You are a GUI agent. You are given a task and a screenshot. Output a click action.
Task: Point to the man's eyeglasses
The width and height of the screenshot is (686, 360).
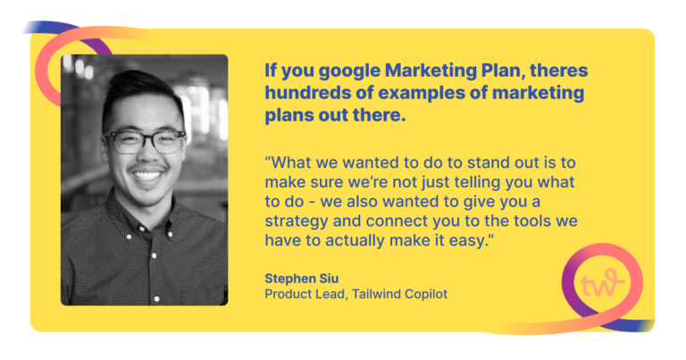point(146,140)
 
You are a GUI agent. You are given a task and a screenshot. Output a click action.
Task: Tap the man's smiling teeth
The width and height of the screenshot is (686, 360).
point(146,175)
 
